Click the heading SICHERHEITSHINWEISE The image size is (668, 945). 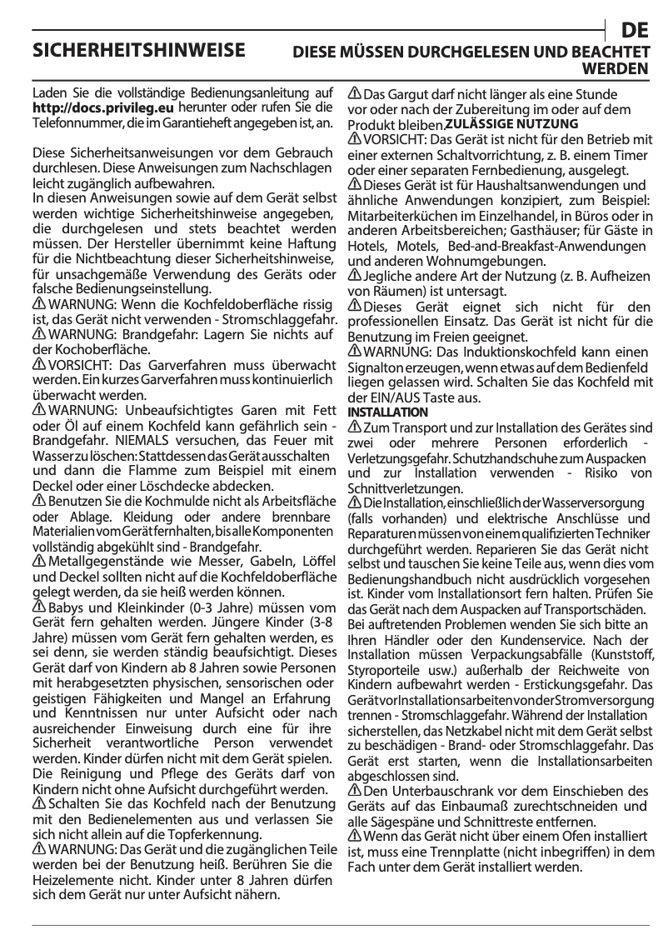138,50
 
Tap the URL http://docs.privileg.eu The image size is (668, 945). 103,107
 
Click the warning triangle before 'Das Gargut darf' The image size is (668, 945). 354,93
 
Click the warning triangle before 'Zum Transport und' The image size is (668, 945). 354,427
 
